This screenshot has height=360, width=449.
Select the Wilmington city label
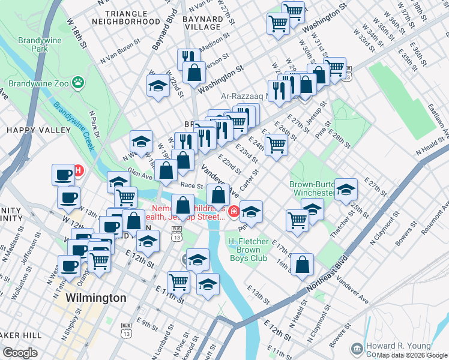coord(96,298)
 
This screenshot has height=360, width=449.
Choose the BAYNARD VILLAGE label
coord(202,23)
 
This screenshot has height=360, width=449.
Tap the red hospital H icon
coord(78,170)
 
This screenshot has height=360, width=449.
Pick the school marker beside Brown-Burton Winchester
coord(346,190)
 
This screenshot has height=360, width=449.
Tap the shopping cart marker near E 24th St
coord(276,144)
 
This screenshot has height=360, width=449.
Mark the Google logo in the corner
coord(20,353)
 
